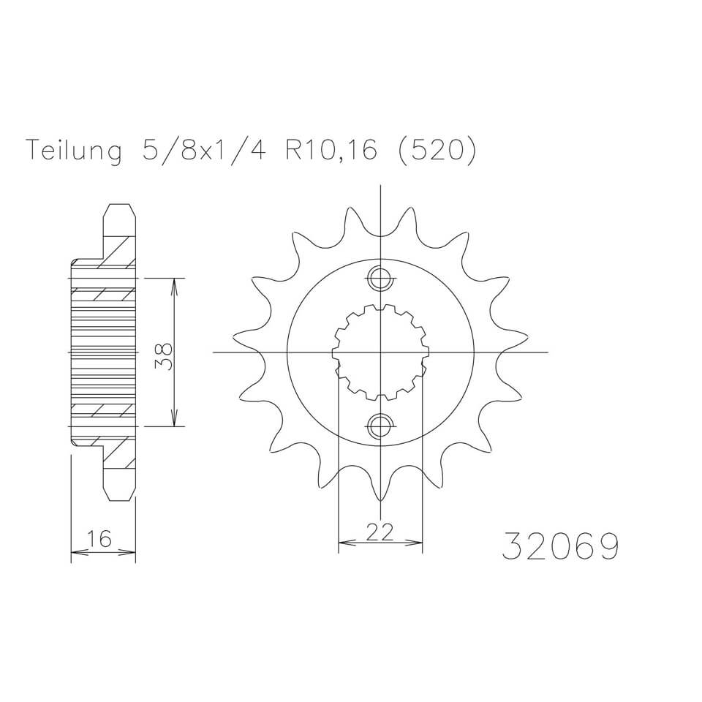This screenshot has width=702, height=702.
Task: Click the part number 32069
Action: point(560,545)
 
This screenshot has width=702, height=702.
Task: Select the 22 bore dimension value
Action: point(380,532)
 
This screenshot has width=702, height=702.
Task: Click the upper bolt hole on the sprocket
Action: point(380,279)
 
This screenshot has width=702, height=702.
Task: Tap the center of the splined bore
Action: point(380,352)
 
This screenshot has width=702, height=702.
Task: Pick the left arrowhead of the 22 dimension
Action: point(342,543)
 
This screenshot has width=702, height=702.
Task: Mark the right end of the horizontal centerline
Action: point(547,352)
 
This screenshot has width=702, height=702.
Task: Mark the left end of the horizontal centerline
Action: point(214,352)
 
